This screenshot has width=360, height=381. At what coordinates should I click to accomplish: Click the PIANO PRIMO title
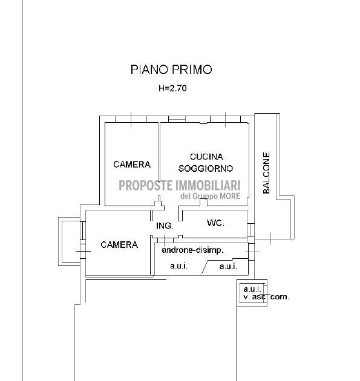point(171,70)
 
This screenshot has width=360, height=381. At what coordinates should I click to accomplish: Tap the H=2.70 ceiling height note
point(172,88)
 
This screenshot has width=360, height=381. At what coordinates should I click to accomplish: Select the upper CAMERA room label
point(132,164)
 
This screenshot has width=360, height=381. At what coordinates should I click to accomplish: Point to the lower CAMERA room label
point(119,245)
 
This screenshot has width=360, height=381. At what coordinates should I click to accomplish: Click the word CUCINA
point(206,157)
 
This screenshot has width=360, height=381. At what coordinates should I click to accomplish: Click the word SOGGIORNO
point(206,168)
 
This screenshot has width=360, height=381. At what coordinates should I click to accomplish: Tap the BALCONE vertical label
point(266,173)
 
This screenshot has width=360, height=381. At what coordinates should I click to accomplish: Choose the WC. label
point(215,223)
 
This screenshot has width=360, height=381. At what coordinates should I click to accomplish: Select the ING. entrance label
point(165,226)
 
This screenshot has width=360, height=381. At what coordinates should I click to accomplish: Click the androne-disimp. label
point(193,250)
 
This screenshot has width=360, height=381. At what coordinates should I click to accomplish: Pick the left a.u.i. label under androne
point(179,266)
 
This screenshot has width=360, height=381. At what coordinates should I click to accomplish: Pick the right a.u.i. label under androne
point(228,267)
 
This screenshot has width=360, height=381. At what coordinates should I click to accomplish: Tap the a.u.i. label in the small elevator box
point(252,289)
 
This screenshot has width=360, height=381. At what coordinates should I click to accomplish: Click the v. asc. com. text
point(266,297)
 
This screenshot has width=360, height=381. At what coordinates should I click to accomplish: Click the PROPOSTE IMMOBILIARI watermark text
point(180,186)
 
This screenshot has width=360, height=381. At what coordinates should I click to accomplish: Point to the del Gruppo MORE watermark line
point(210,196)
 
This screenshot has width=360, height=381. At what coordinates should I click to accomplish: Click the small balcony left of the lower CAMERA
point(70,241)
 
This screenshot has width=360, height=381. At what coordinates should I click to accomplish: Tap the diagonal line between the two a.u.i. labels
point(205,267)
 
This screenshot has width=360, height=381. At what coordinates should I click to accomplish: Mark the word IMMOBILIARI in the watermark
point(208,186)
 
